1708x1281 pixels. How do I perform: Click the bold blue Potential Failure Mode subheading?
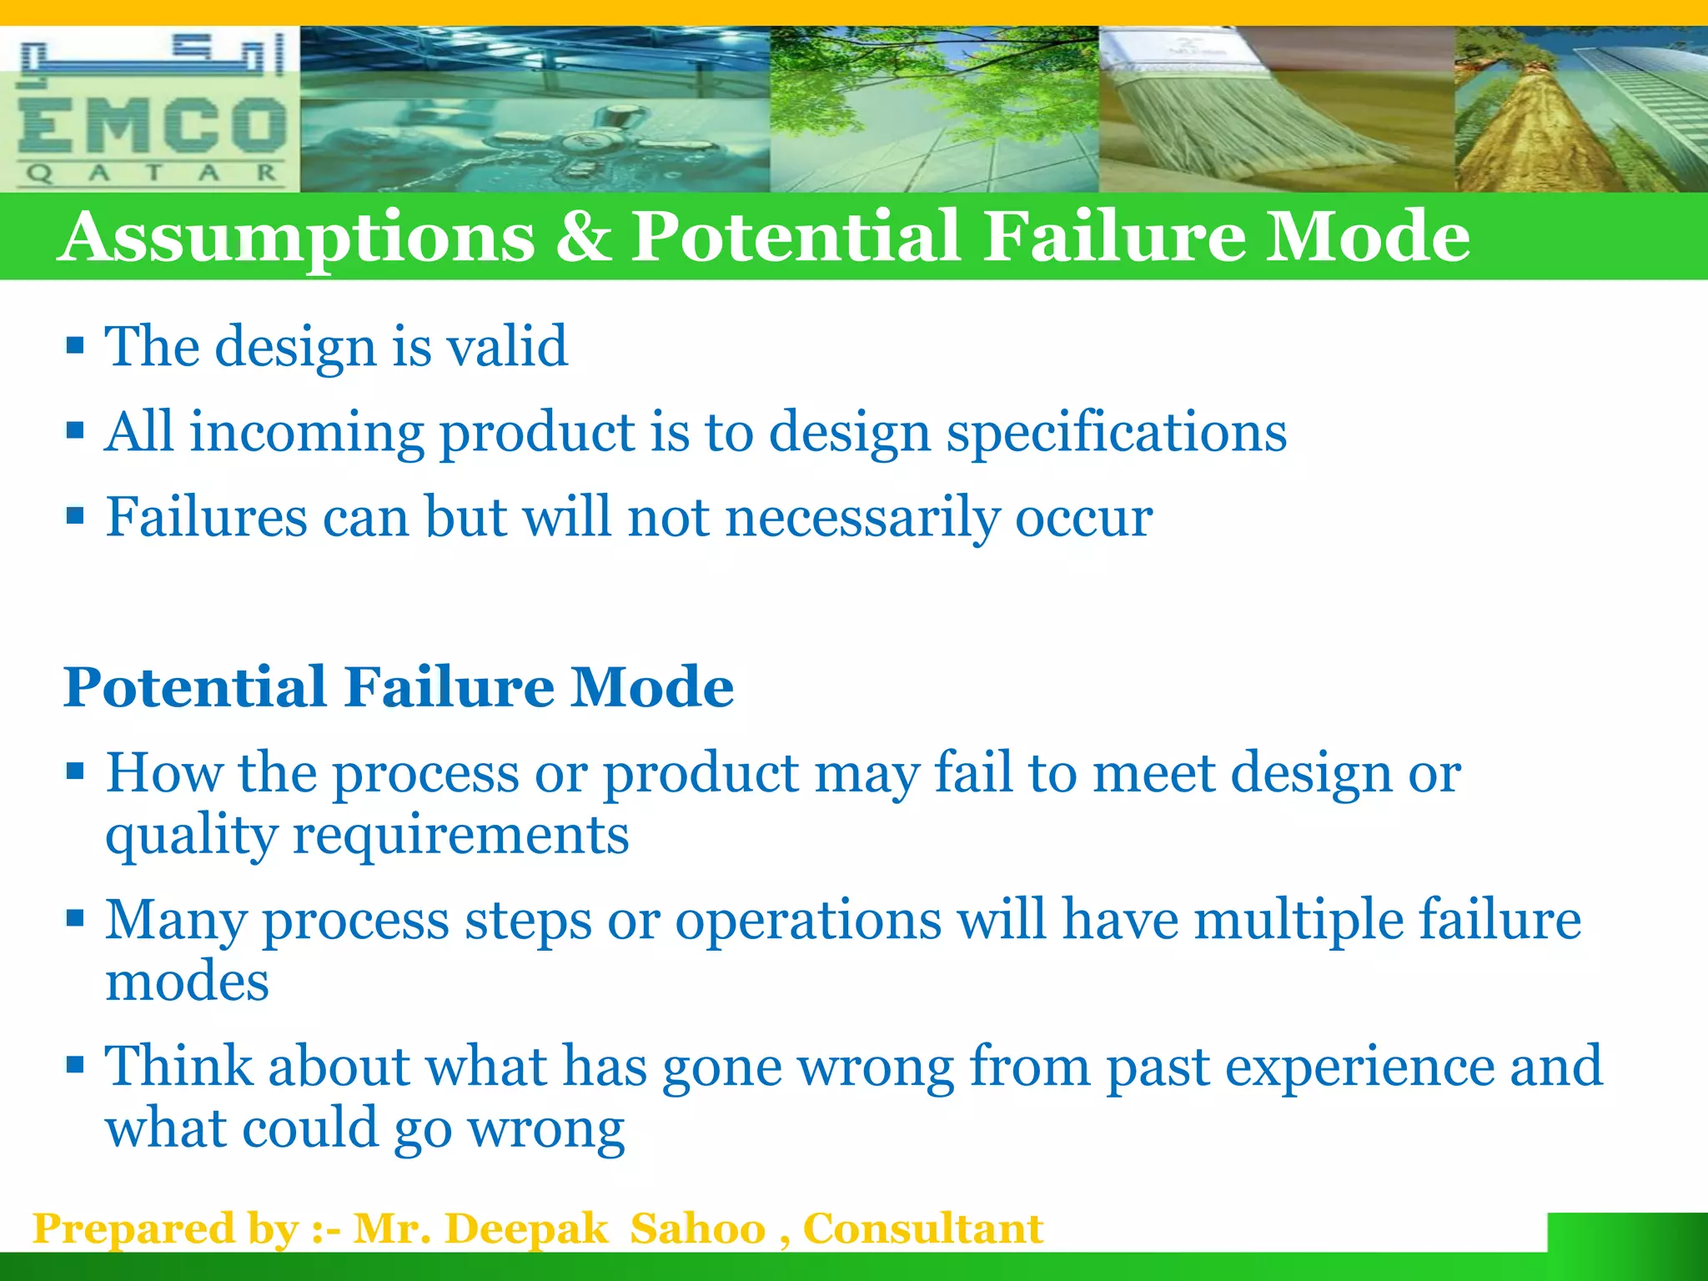(399, 687)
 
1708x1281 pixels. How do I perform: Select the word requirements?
(460, 836)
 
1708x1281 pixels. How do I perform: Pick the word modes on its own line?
(187, 981)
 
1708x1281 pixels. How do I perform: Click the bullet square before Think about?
(75, 1065)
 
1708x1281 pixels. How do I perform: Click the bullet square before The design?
(75, 344)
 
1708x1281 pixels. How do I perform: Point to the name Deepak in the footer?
(526, 1229)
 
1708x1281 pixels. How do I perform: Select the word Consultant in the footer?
(922, 1229)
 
